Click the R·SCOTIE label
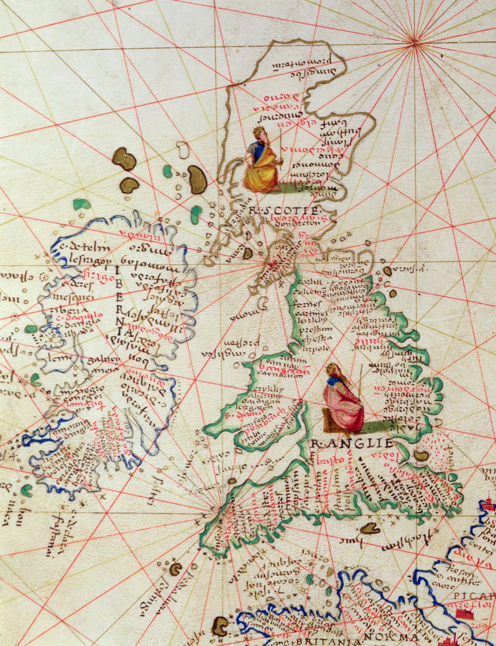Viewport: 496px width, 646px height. coord(283,211)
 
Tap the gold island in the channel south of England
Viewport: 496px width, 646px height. coord(369,528)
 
